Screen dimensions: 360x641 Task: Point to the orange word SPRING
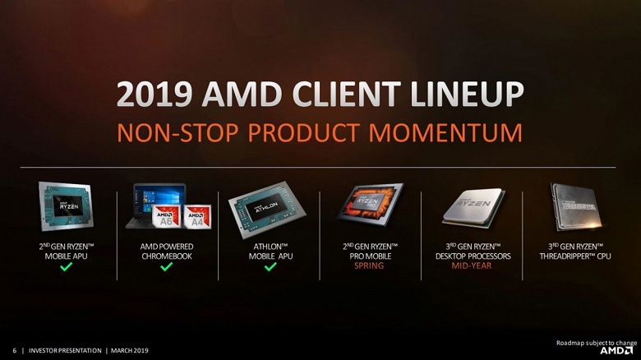[370, 265]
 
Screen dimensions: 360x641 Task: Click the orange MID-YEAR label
[472, 265]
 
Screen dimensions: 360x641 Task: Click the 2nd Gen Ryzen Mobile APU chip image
[66, 205]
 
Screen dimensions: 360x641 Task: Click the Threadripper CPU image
[574, 205]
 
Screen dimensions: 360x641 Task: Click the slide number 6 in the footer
[15, 351]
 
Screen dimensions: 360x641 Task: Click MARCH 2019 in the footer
[130, 351]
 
